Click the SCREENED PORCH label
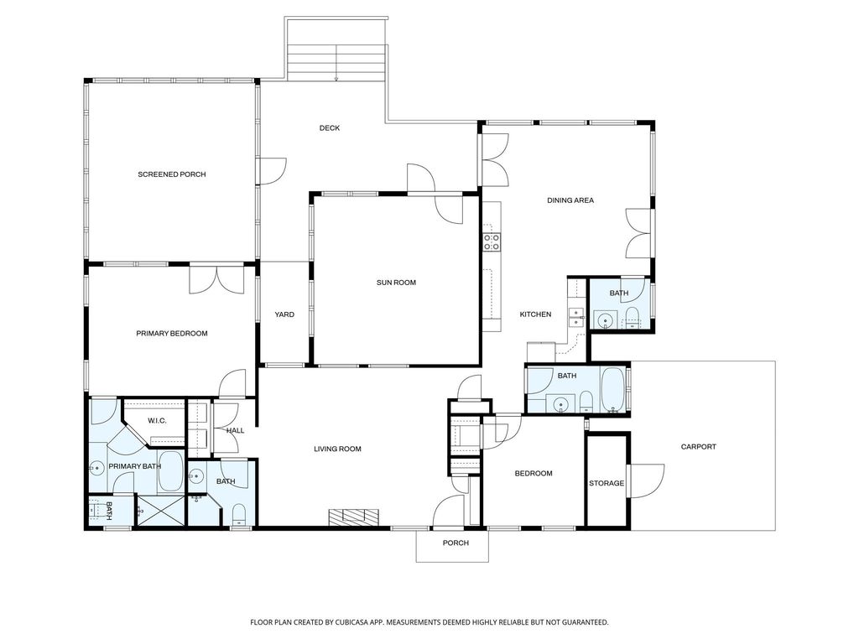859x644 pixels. (171, 174)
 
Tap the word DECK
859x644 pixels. (329, 128)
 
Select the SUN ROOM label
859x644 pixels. (396, 283)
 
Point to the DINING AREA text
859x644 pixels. (570, 200)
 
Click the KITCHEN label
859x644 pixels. (535, 314)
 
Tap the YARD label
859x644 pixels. (284, 314)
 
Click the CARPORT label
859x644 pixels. (698, 447)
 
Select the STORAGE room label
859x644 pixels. (606, 483)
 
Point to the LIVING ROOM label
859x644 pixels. (337, 449)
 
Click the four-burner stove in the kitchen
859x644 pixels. (492, 242)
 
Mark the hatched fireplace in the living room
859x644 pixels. (353, 517)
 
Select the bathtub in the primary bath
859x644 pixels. (171, 471)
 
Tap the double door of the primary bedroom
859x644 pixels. (216, 279)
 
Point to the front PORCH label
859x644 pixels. (456, 543)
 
